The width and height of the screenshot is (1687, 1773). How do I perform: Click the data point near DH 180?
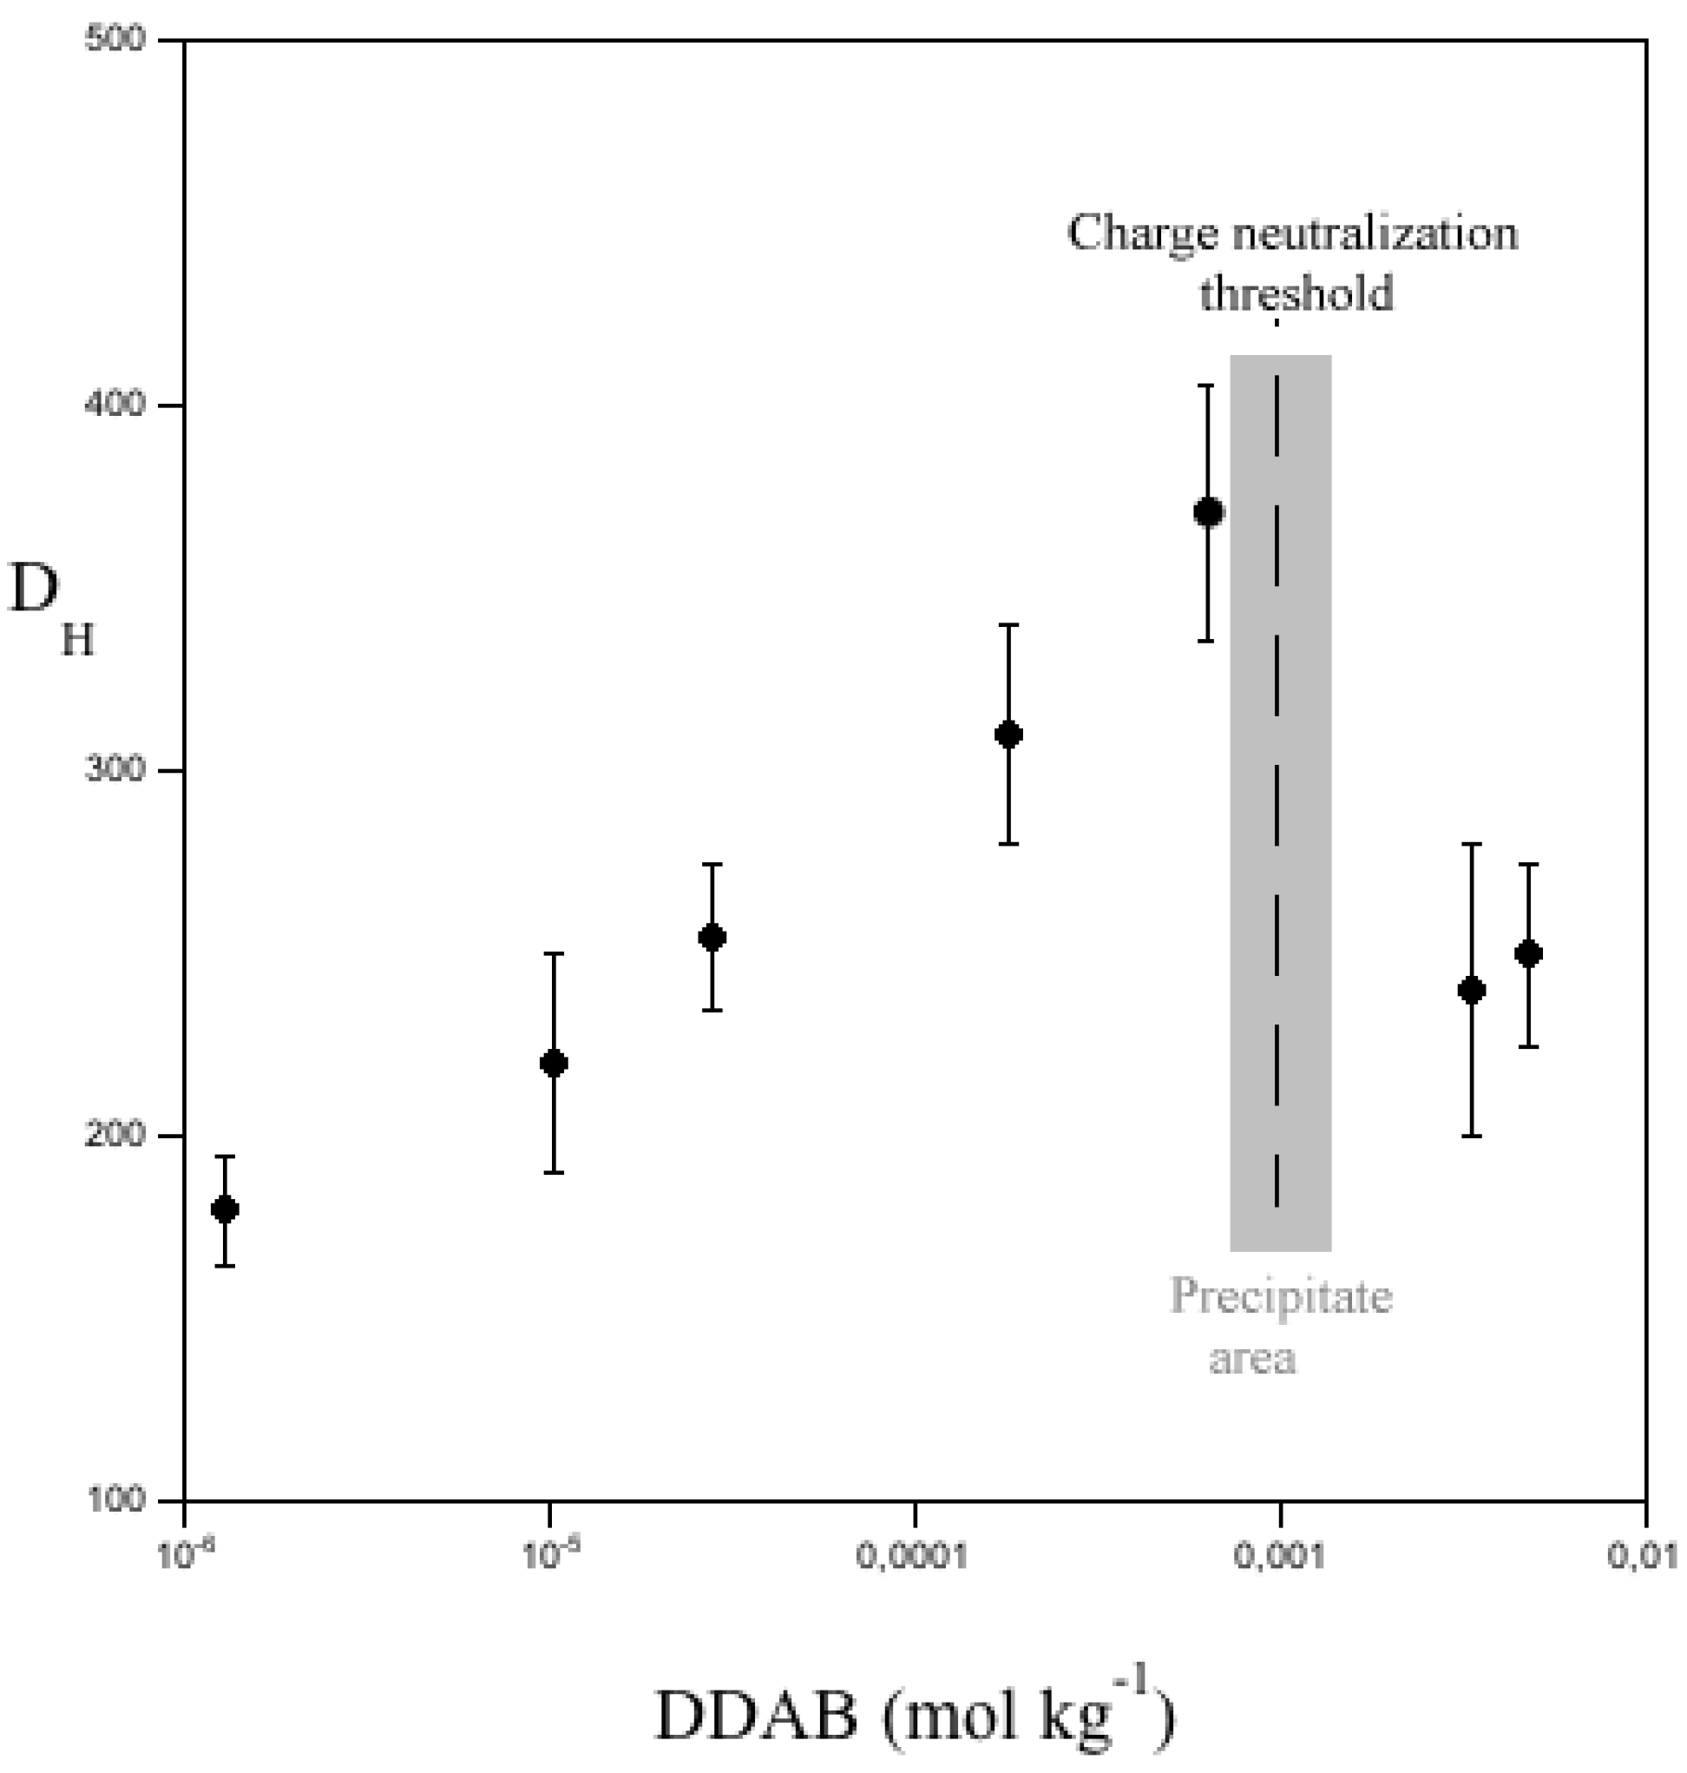[x=224, y=1209]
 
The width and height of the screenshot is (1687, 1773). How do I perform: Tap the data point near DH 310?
[x=1008, y=734]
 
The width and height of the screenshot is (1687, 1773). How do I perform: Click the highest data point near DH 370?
[x=1208, y=511]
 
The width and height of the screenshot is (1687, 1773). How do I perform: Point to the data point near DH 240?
[x=1470, y=991]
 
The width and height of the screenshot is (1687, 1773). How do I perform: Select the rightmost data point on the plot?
[x=1529, y=953]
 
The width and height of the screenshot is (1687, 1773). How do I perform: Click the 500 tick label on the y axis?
[x=115, y=40]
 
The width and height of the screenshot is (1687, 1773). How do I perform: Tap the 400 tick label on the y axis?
[x=115, y=404]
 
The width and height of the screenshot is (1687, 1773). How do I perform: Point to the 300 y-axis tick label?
[x=115, y=770]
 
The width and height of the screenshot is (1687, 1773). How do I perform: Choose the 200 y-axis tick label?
[x=115, y=1134]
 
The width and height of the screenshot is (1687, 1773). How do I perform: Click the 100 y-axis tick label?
[x=115, y=1499]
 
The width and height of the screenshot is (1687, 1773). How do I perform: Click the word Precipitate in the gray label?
[x=1281, y=1296]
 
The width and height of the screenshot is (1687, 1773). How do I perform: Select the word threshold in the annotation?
[x=1296, y=293]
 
